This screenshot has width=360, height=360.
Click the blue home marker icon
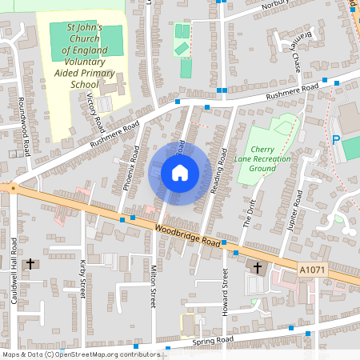pos(180,173)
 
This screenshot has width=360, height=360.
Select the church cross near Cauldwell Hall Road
pos(32,263)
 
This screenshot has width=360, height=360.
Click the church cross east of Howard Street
pos(258,267)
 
